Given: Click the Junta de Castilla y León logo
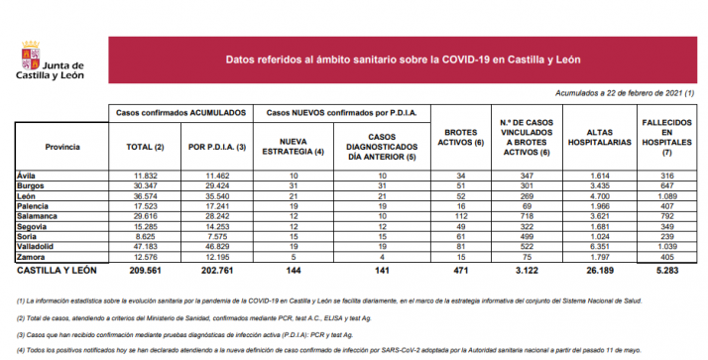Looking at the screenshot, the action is click(x=51, y=62).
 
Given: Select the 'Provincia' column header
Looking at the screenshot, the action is click(x=62, y=146).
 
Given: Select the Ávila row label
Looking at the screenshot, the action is click(x=28, y=176).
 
